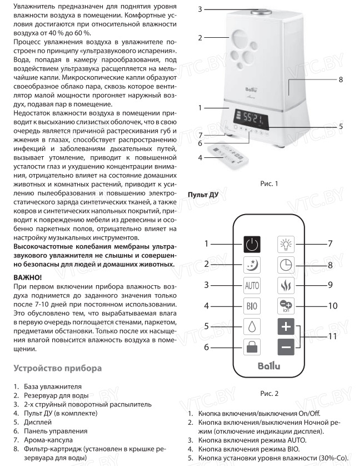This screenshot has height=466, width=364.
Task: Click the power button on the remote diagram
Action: click(x=251, y=244)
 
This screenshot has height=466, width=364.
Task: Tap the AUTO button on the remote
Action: click(x=251, y=285)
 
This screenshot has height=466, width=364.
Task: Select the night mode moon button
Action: click(x=251, y=264)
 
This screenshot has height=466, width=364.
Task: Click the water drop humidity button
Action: click(x=251, y=326)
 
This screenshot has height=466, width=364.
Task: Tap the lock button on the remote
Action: click(x=251, y=348)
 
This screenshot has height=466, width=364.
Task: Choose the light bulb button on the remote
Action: click(x=286, y=244)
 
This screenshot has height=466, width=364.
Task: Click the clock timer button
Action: click(x=286, y=265)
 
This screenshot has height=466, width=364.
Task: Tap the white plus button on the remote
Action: click(x=286, y=326)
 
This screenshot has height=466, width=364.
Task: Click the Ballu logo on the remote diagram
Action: click(x=269, y=366)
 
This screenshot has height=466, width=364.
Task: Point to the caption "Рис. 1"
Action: click(x=268, y=183)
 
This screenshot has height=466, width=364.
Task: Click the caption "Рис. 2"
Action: click(x=268, y=394)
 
